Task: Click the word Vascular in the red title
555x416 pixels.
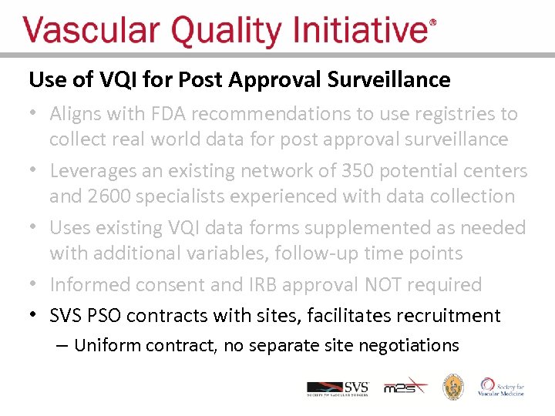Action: click(92, 32)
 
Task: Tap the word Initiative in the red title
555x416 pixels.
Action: click(363, 32)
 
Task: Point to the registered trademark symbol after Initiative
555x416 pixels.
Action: click(432, 23)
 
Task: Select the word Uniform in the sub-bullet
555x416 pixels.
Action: click(107, 345)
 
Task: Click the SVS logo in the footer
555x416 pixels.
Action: click(338, 387)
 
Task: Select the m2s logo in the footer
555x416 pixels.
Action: click(404, 387)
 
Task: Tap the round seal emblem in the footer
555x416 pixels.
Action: click(452, 387)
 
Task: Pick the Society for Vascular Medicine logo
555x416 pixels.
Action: click(502, 387)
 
